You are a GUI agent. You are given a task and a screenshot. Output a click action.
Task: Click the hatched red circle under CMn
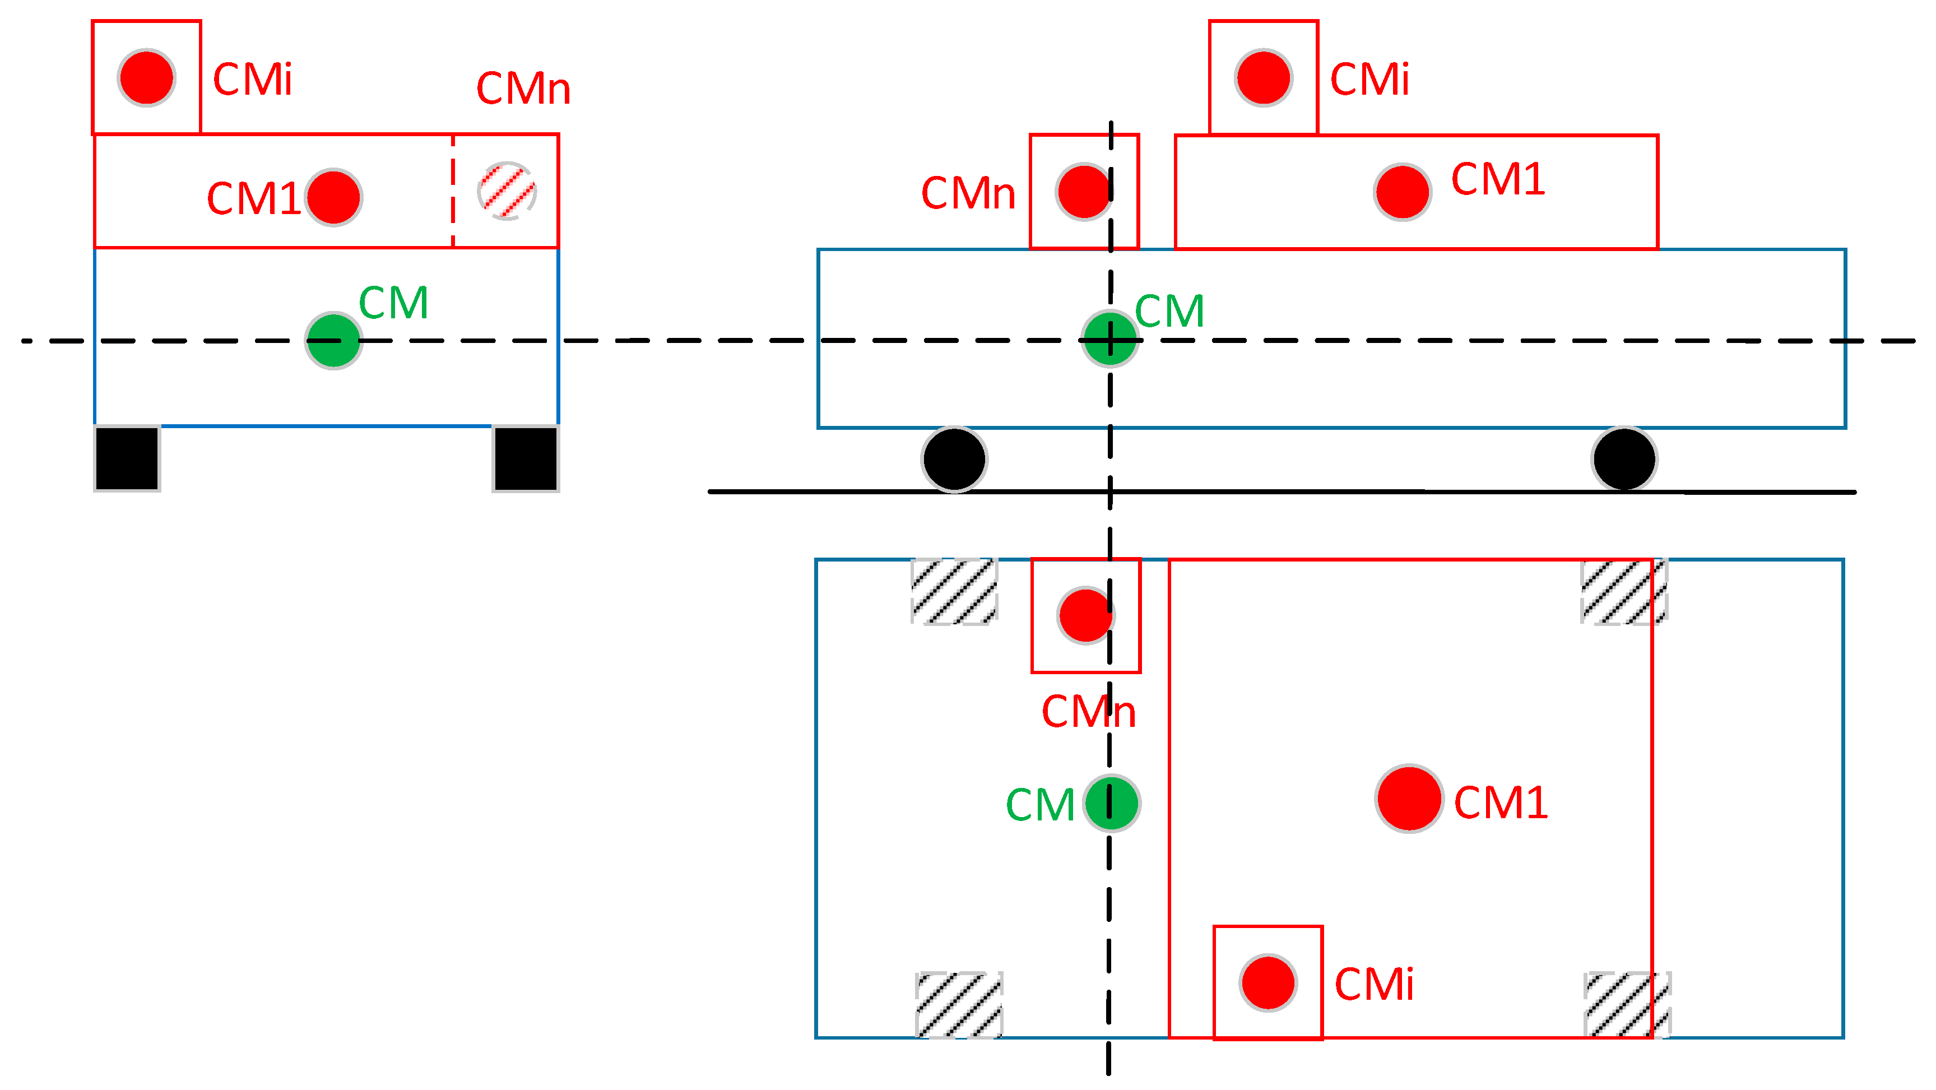[507, 191]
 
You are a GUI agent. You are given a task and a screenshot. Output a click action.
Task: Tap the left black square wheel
[127, 458]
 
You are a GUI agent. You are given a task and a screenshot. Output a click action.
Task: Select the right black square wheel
[526, 458]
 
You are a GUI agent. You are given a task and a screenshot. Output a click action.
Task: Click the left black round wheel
[954, 458]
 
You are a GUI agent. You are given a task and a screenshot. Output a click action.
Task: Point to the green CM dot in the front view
[334, 341]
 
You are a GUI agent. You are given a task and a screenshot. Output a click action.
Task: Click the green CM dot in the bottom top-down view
[1112, 803]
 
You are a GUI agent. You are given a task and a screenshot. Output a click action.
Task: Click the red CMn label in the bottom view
[1088, 711]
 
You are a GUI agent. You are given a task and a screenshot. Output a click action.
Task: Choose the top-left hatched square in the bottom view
[954, 592]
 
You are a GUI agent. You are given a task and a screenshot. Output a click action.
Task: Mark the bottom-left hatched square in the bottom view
[958, 1005]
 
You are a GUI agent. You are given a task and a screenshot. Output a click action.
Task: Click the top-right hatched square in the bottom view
[1623, 592]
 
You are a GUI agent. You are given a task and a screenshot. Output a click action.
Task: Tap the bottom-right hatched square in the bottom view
[1627, 1005]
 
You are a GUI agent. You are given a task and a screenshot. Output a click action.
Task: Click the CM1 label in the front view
[253, 199]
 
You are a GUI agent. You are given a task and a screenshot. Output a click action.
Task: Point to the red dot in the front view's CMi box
[147, 77]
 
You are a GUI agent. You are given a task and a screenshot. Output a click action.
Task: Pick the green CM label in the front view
[393, 303]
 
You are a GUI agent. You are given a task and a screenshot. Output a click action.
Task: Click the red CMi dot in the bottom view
[1268, 982]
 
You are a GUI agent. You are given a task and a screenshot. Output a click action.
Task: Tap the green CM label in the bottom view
[1039, 805]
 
